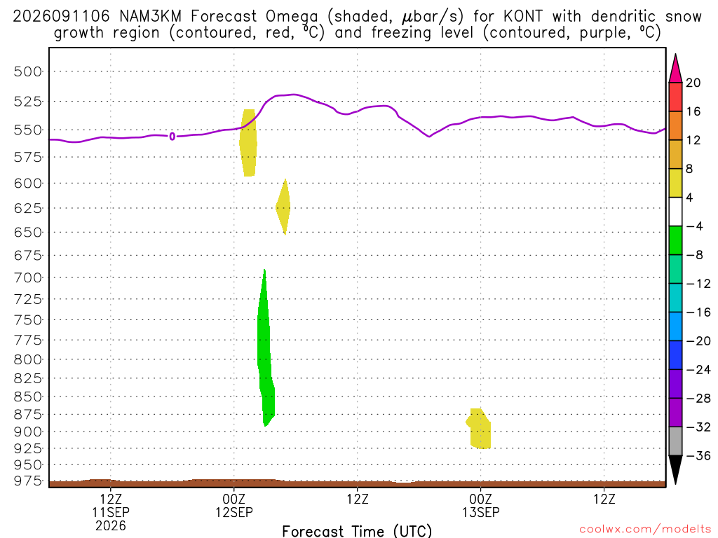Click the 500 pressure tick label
tap(27, 71)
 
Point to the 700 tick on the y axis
tap(27, 277)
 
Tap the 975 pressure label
tap(27, 481)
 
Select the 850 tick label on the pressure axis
tap(27, 396)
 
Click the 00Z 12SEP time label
tap(234, 506)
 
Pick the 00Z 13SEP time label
tap(481, 506)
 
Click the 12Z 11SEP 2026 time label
tap(111, 512)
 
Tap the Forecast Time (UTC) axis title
tap(357, 531)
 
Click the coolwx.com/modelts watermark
tap(645, 530)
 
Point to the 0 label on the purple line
tap(172, 137)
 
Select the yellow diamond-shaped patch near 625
tap(283, 207)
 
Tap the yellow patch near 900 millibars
tap(479, 429)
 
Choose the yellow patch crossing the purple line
tap(248, 143)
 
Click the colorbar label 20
tap(693, 83)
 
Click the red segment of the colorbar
tap(675, 97)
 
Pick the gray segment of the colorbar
tap(675, 441)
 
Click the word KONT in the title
tap(523, 17)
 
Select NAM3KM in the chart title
tap(150, 17)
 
